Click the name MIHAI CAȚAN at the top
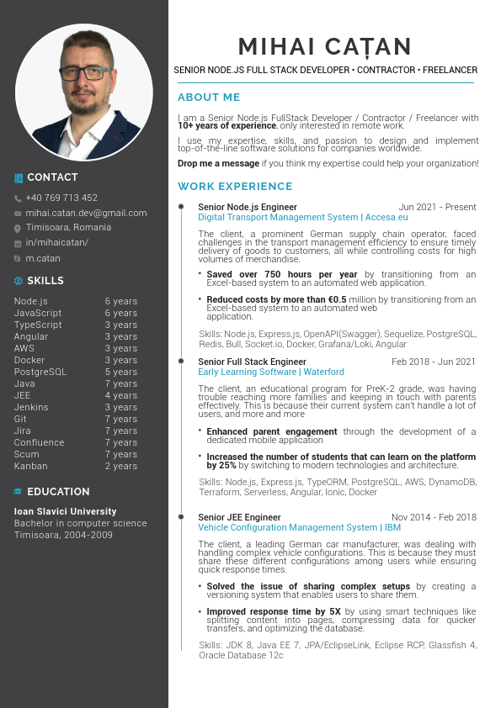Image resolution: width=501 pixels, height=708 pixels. pos(324,46)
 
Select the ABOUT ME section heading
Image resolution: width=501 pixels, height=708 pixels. pos(209,98)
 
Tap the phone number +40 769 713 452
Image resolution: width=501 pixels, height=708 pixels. pos(61,198)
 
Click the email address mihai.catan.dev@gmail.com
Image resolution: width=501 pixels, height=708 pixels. pos(86,214)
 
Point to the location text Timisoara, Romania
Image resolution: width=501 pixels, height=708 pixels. pos(68,228)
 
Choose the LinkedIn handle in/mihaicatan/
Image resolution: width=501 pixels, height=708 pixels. pos(56,243)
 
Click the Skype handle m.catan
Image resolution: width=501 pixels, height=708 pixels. pos(43,258)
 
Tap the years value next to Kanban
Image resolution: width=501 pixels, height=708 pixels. pos(120,466)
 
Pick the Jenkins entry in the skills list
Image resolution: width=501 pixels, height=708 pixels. pos(31,407)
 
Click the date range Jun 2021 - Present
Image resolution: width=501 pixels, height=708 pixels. pos(437,207)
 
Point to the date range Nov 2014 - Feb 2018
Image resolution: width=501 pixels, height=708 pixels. pos(434,517)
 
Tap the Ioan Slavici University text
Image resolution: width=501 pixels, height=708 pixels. pos(65,511)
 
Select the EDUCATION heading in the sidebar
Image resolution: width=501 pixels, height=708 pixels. pos(58,492)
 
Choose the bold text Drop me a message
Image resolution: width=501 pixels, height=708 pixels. pos(218,163)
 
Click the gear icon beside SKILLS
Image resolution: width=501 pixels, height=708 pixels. pos(19,281)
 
